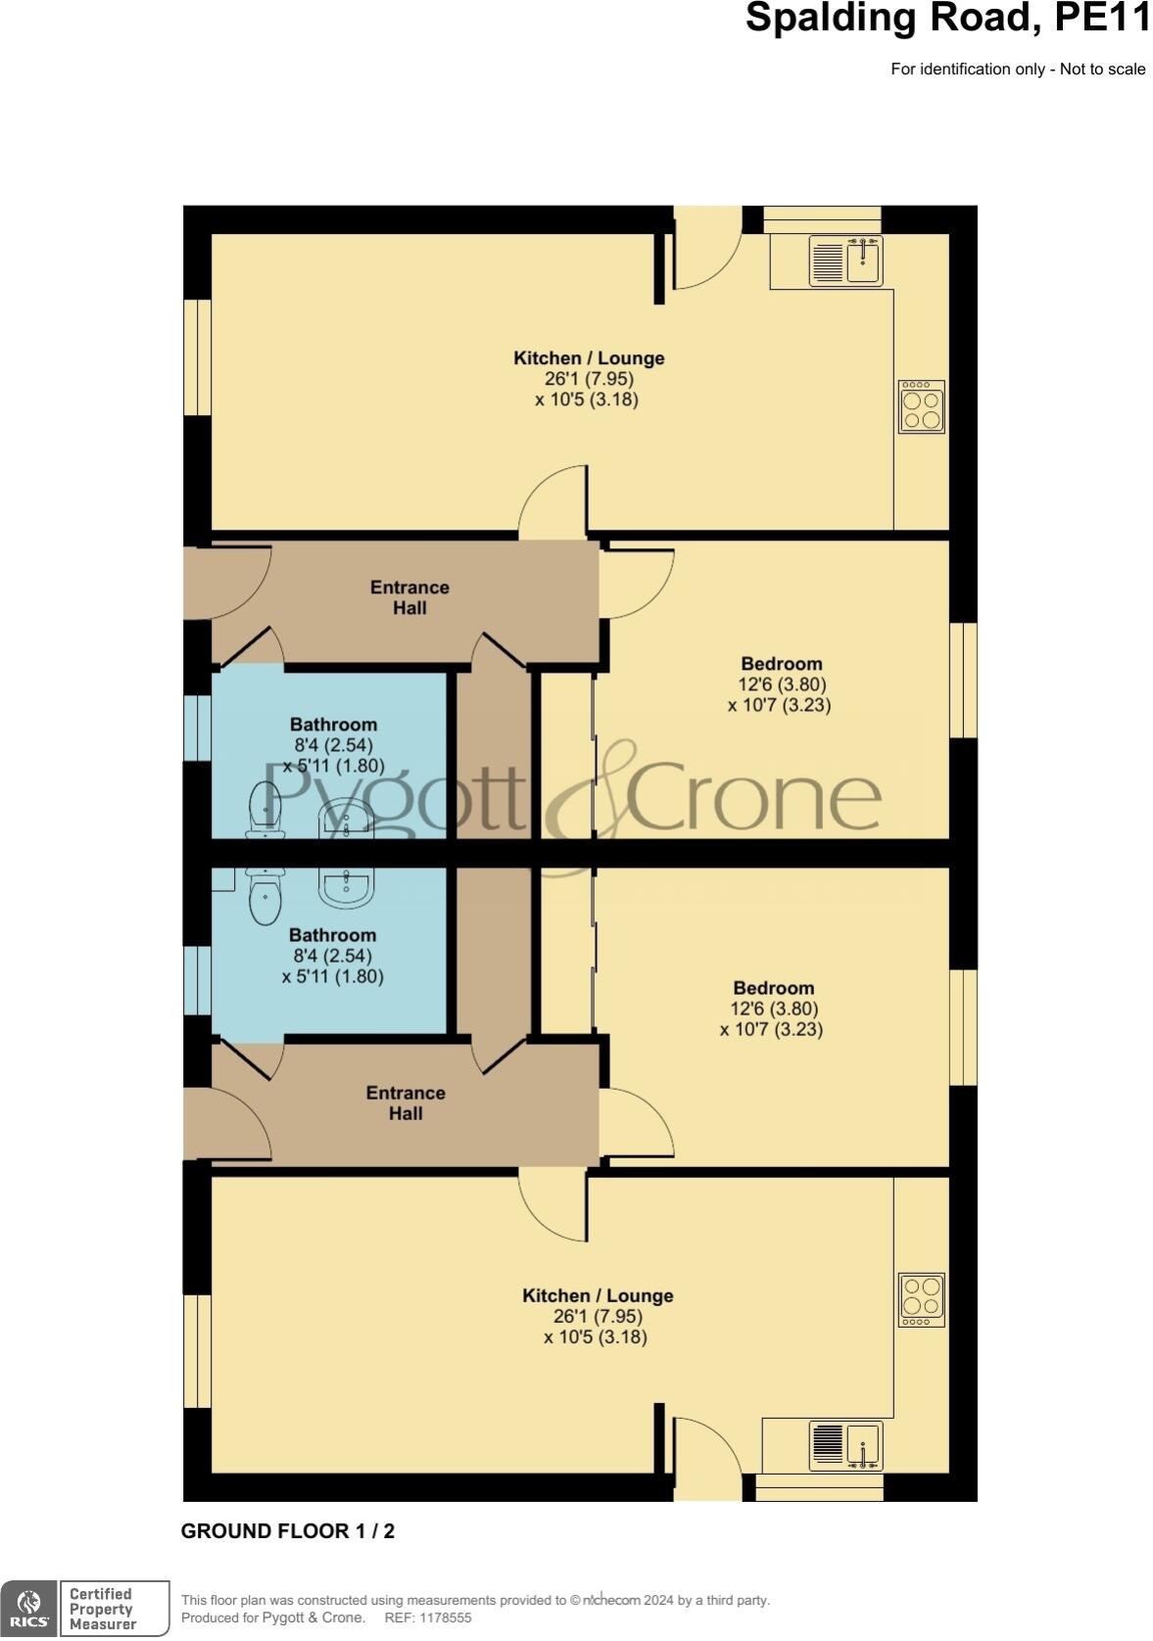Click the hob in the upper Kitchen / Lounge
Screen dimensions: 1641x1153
point(921,406)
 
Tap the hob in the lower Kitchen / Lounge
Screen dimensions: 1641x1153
point(921,1299)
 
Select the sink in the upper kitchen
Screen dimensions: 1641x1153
point(845,260)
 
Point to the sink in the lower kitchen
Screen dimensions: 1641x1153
point(845,1446)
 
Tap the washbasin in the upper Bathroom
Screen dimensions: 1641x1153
point(347,818)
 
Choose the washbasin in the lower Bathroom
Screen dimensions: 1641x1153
point(347,887)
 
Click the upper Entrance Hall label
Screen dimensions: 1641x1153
point(409,597)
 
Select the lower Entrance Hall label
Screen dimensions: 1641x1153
point(406,1102)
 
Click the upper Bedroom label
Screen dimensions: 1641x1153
point(781,664)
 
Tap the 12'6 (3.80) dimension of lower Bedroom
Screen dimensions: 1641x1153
point(774,1008)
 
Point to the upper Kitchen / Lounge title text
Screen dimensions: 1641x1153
point(589,358)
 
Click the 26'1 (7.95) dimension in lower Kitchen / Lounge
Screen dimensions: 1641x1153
point(598,1316)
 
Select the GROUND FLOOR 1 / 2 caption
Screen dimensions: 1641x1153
point(288,1531)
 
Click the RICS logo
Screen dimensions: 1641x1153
point(29,1608)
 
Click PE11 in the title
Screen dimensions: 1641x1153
point(1100,20)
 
